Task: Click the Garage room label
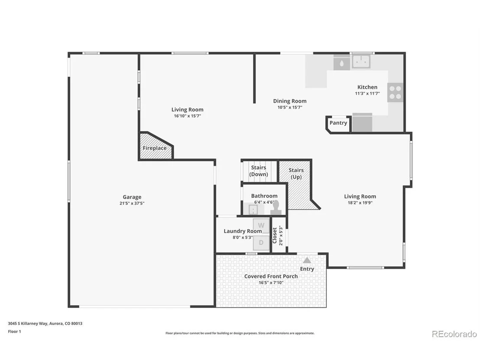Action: click(132, 197)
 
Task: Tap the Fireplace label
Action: click(155, 148)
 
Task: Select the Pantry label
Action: click(338, 123)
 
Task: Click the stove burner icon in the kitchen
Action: click(395, 92)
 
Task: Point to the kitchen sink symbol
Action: click(361, 62)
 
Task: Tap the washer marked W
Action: click(261, 226)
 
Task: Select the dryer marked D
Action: click(261, 243)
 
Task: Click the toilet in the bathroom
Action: click(276, 208)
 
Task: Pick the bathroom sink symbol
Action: click(253, 210)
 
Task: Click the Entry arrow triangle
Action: click(307, 260)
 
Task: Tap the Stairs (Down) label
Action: click(259, 171)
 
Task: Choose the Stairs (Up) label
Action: click(296, 174)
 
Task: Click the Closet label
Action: click(275, 235)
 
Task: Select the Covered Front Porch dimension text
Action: click(271, 282)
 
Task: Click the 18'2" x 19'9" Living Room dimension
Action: click(360, 203)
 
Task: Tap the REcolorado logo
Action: click(454, 334)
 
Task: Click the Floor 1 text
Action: click(14, 331)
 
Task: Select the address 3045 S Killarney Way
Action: click(28, 324)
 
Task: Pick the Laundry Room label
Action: click(243, 231)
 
